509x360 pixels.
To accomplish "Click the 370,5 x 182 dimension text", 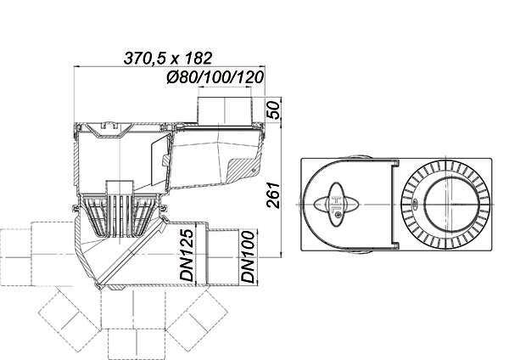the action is click(x=168, y=58).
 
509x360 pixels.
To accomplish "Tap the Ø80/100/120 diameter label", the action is click(x=215, y=77).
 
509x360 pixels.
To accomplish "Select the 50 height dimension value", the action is click(x=273, y=110).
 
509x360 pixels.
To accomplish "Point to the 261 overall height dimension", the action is click(x=273, y=195).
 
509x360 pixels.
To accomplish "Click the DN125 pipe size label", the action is click(x=187, y=256).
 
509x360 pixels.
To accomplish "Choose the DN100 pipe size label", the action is click(x=249, y=256).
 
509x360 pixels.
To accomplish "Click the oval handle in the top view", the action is click(x=337, y=205).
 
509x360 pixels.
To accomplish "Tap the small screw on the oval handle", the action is click(x=338, y=214).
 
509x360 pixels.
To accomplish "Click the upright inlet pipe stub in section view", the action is click(x=225, y=110).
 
